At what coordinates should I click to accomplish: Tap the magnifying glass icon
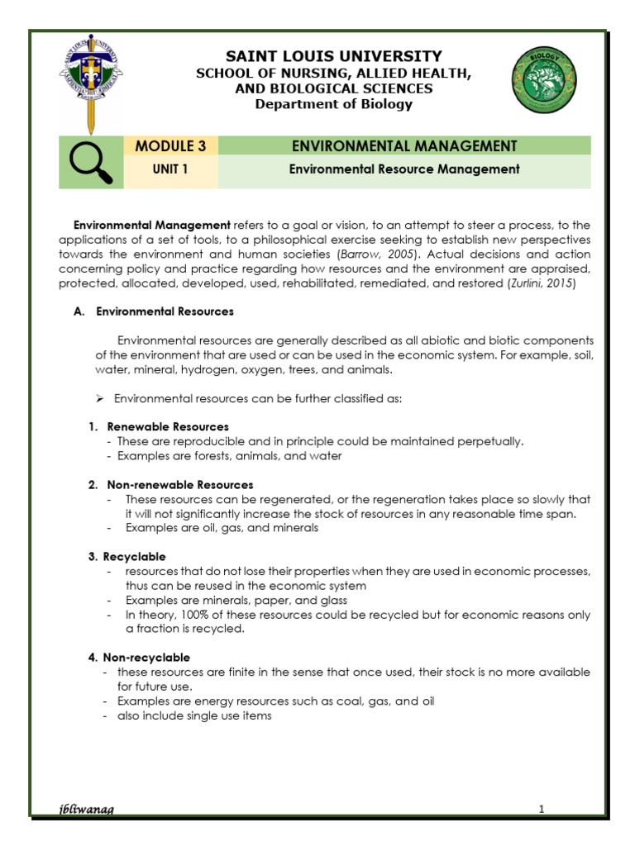click(90, 159)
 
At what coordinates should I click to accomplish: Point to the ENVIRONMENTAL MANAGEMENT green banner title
click(404, 146)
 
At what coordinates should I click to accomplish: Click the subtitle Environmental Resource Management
click(403, 169)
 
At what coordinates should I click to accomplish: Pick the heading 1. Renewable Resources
click(159, 426)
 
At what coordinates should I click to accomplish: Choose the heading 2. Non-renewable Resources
click(170, 484)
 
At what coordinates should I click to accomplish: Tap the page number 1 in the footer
click(541, 810)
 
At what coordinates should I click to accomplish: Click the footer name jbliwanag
click(83, 810)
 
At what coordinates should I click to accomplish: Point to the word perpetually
click(492, 441)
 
